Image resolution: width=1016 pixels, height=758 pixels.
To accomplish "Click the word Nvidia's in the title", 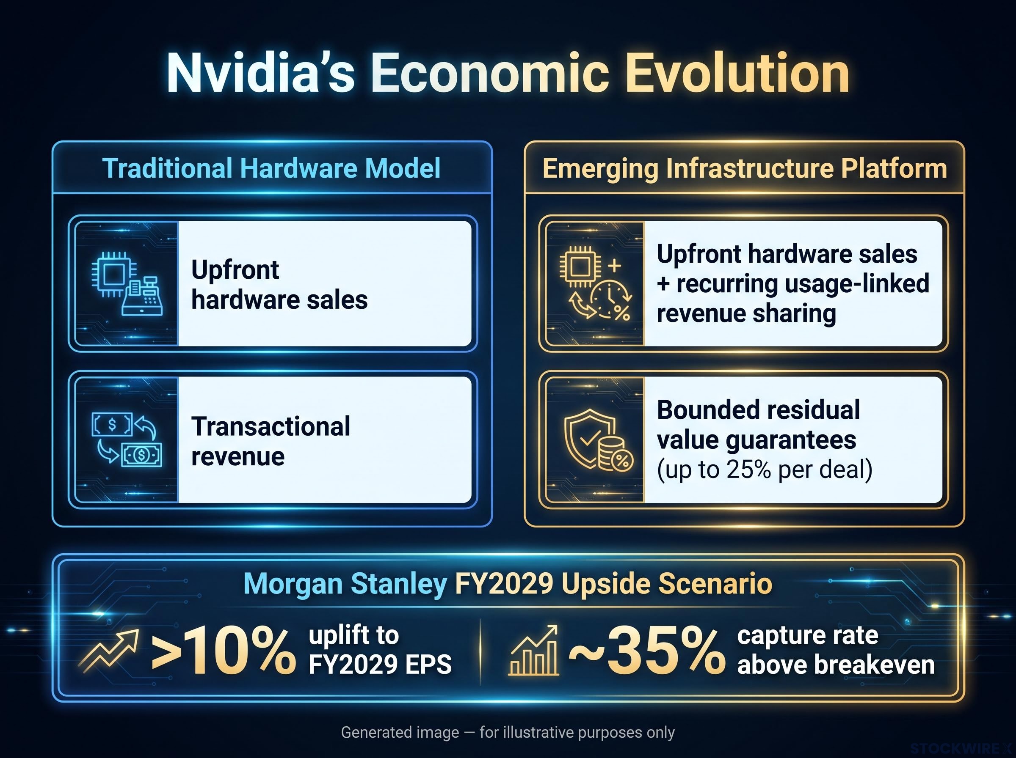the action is click(260, 74).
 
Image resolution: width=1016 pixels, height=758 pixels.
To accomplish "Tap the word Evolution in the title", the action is click(737, 74).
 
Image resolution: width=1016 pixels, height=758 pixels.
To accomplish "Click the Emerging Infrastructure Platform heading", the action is click(744, 169).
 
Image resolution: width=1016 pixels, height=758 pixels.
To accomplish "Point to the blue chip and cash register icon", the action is click(127, 283).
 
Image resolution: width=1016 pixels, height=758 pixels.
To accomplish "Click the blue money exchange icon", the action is click(127, 440).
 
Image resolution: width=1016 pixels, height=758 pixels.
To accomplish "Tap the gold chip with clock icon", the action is click(596, 283).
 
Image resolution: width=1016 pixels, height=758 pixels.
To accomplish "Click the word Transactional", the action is click(271, 426).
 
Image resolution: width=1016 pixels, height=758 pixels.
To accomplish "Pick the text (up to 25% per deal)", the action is click(765, 470).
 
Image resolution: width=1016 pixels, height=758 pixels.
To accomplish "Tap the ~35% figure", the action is click(647, 651).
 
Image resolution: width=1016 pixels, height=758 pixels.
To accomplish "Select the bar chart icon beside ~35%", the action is click(534, 651).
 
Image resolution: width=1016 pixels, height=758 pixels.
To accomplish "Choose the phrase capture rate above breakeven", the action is click(836, 650).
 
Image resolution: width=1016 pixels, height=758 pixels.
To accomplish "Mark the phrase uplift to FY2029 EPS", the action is click(380, 650).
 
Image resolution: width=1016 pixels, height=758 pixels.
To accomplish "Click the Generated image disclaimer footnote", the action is click(508, 732).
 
